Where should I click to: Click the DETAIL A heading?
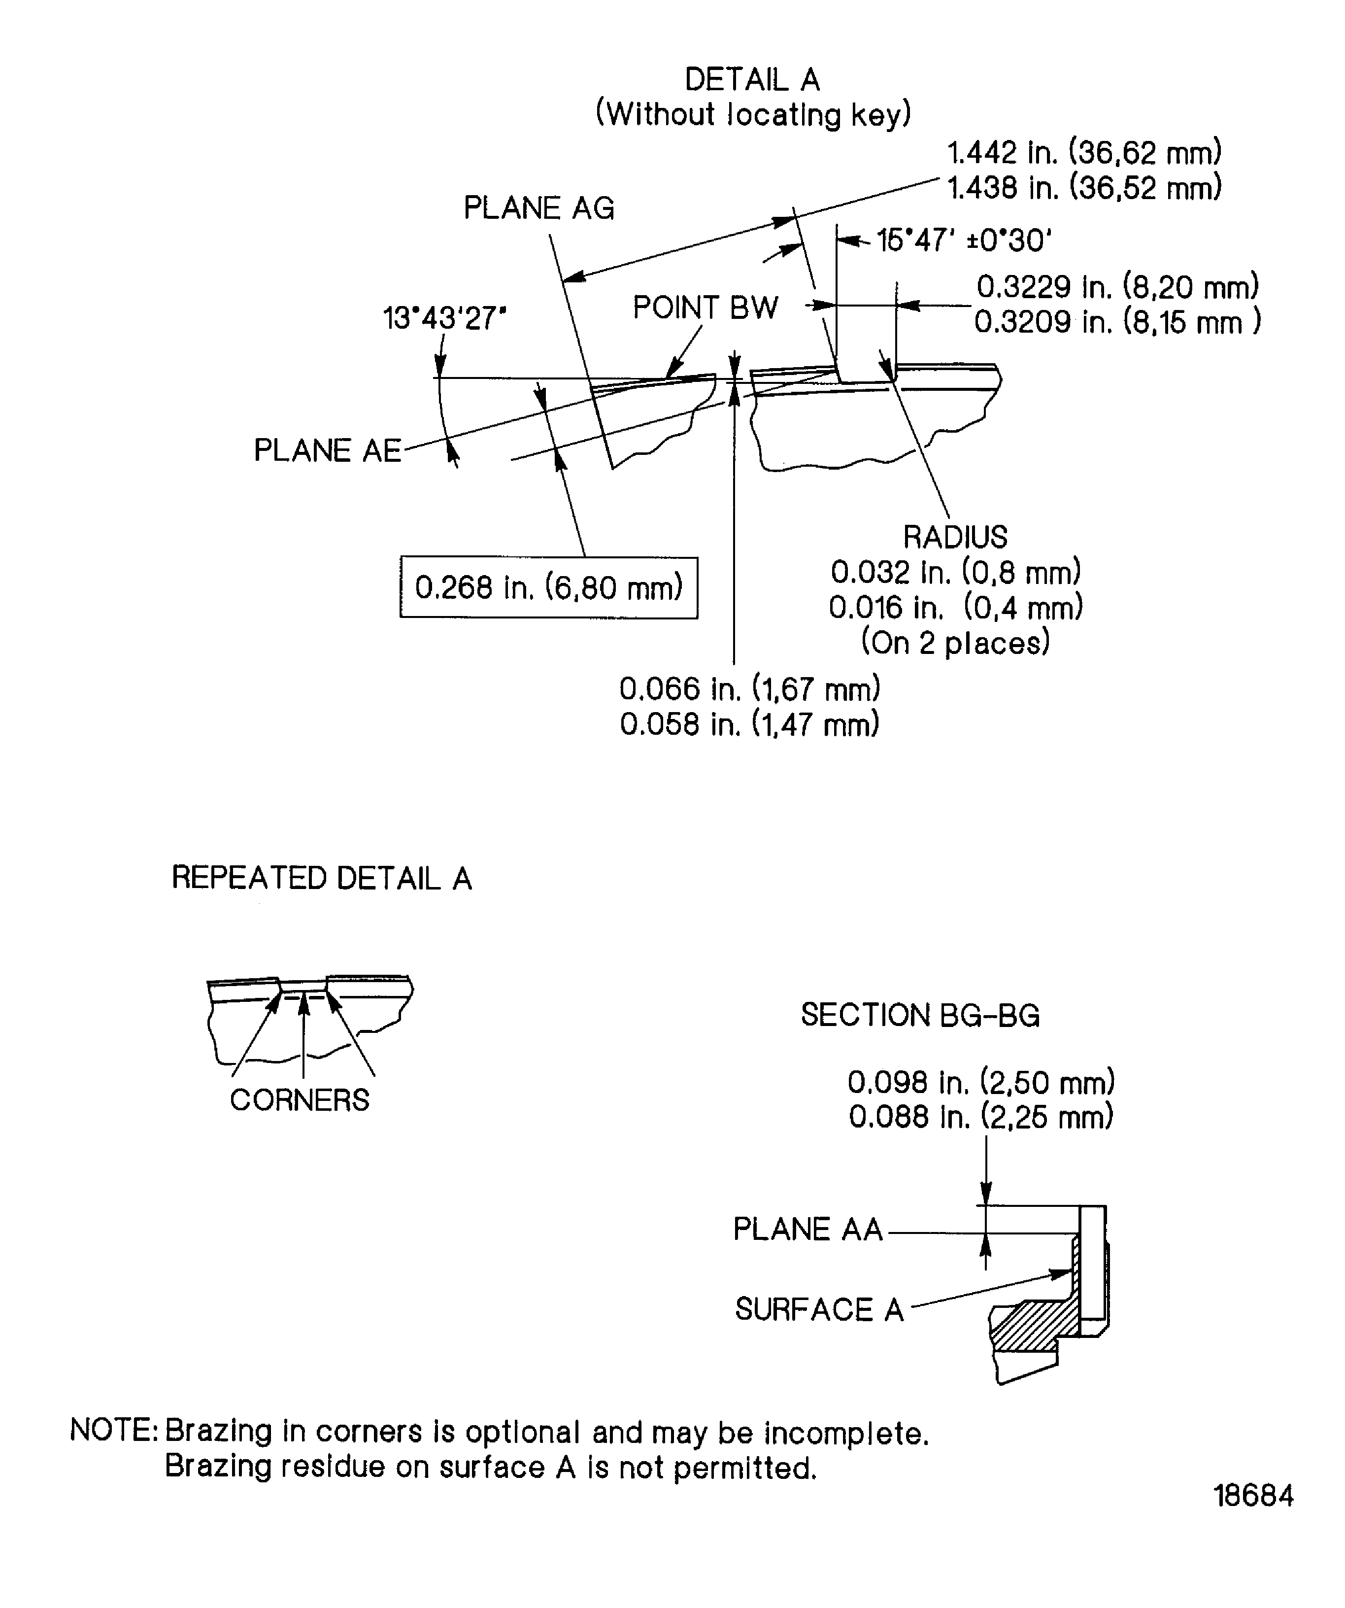coord(752,80)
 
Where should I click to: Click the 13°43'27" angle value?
coord(444,318)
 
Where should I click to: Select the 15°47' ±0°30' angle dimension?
coord(964,241)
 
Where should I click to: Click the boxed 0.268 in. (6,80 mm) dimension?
coord(548,588)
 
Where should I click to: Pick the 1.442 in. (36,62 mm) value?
coord(1084,153)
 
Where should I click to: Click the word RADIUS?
coord(955,538)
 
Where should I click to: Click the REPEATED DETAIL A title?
coord(322,878)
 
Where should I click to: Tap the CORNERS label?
coord(300,1100)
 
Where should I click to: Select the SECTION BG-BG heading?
coord(920,1015)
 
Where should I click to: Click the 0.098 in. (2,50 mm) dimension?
coord(980,1083)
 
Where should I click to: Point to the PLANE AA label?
coord(807,1229)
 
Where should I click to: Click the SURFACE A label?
coord(819,1309)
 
